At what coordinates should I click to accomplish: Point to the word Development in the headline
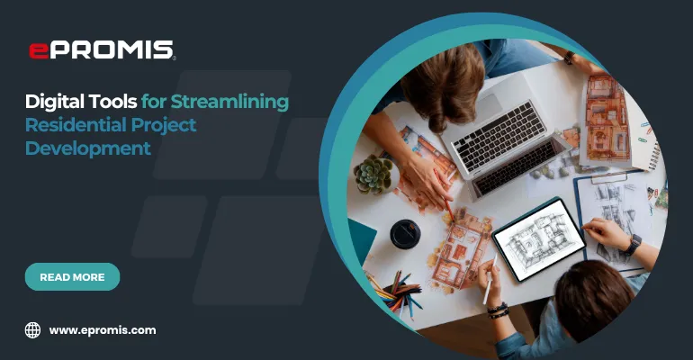(88, 148)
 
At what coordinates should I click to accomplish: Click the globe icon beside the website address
(33, 330)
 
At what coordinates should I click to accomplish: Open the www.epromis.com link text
(103, 330)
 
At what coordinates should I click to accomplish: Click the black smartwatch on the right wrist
(633, 244)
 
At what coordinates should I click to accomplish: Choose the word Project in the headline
(161, 125)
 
